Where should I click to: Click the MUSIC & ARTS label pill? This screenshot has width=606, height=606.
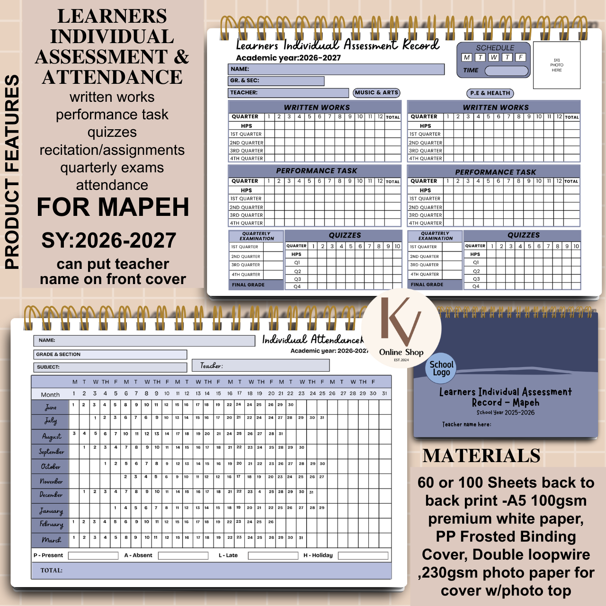pyautogui.click(x=377, y=93)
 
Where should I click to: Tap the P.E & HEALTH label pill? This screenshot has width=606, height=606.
pyautogui.click(x=490, y=93)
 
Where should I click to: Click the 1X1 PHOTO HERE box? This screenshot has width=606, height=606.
pyautogui.click(x=557, y=65)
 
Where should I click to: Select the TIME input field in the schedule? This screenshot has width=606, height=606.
pyautogui.click(x=506, y=71)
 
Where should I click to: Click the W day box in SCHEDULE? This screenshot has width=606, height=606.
pyautogui.click(x=494, y=57)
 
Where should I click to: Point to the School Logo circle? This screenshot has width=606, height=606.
pyautogui.click(x=441, y=368)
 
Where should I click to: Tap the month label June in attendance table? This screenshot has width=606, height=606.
pyautogui.click(x=51, y=407)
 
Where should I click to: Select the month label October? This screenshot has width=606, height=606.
pyautogui.click(x=51, y=466)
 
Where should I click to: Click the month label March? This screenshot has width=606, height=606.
pyautogui.click(x=51, y=540)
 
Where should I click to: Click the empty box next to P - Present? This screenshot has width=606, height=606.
pyautogui.click(x=93, y=555)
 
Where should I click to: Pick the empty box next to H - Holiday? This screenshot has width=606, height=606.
pyautogui.click(x=363, y=555)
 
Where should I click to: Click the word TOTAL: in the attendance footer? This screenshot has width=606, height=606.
pyautogui.click(x=52, y=570)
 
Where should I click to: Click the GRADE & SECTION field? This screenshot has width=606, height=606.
pyautogui.click(x=110, y=355)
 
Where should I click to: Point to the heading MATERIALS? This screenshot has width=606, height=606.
pyautogui.click(x=481, y=456)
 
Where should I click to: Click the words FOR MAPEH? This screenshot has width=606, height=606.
pyautogui.click(x=113, y=207)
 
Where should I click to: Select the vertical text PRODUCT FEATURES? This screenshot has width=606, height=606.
pyautogui.click(x=12, y=172)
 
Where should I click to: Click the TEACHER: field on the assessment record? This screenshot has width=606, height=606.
pyautogui.click(x=288, y=93)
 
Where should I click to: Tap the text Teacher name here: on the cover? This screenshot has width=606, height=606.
pyautogui.click(x=466, y=424)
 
